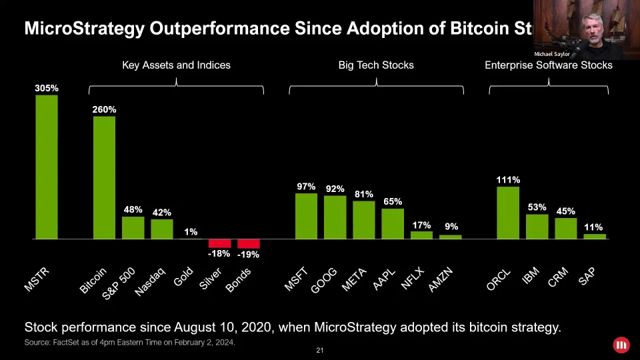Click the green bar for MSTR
coord(47,167)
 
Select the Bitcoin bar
coord(104,177)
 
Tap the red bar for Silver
coord(219,243)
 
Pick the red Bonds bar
coord(249,243)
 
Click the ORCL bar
coord(508,212)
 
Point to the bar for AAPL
coord(393,223)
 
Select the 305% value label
coord(47,88)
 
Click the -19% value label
coord(248,255)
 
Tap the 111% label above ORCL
coord(508,180)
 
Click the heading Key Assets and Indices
coord(176,65)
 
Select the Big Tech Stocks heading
coord(376,65)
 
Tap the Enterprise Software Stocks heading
coord(548,65)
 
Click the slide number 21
coord(320,351)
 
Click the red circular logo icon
coord(621,345)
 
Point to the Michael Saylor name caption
coord(552,54)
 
